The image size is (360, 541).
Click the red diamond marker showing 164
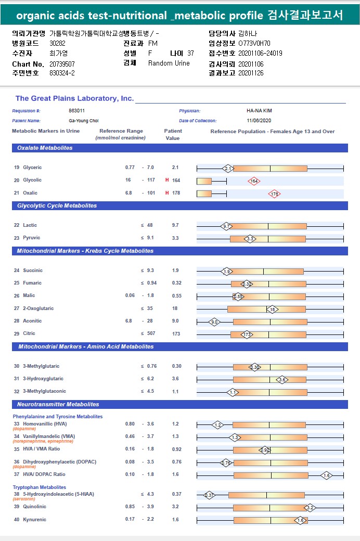coord(254,181)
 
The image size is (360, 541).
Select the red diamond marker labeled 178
coord(275,194)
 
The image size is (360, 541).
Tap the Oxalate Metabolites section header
coord(45,148)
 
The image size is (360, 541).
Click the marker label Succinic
coord(33,270)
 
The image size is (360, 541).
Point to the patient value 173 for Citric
coord(177,333)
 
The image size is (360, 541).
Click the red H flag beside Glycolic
coord(167,180)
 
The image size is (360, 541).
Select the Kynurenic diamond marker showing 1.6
coord(300,520)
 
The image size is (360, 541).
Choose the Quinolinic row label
coord(34,507)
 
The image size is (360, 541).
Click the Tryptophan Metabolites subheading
coord(40,487)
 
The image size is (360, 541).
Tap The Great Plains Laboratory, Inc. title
coord(74,98)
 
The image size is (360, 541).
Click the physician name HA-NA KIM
coord(260,111)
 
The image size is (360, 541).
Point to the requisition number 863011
coord(76,111)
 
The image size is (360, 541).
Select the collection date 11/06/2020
coord(259,121)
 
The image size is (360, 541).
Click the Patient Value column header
coord(173,135)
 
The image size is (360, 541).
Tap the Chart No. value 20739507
coord(62,63)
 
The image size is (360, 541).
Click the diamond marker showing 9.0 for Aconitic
coord(214,322)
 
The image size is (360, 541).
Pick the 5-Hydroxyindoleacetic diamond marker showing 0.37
coord(209,495)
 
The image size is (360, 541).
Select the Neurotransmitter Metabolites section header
coord(59,405)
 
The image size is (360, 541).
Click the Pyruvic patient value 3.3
coord(175,238)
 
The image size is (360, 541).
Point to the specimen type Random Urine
coord(169,63)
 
